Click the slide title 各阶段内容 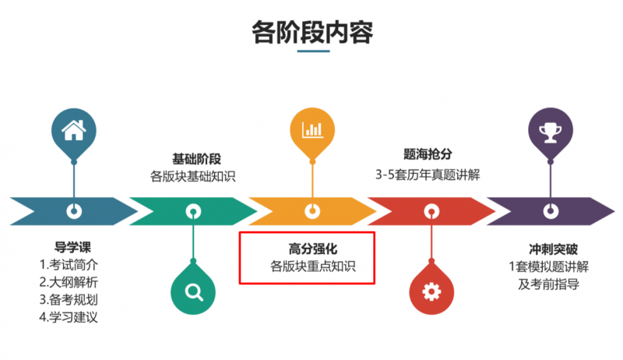click(x=312, y=32)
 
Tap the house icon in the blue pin click(x=74, y=129)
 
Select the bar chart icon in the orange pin click(x=312, y=129)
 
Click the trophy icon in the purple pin click(x=551, y=129)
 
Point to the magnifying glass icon click(x=193, y=291)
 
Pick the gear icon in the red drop click(x=431, y=291)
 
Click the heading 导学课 click(x=74, y=247)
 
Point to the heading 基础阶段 click(x=193, y=159)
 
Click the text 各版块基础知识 click(x=193, y=176)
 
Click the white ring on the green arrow click(x=193, y=210)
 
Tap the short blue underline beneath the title click(x=312, y=52)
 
